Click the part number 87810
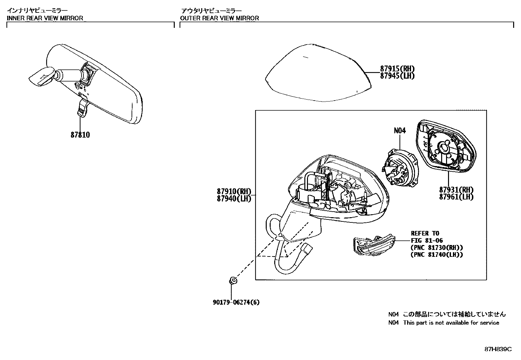[80, 135]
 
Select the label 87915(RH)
[397, 69]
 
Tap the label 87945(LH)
[397, 76]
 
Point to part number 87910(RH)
[233, 191]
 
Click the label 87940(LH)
[233, 199]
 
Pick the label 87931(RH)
[456, 190]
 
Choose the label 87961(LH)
[456, 197]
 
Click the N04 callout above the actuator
[400, 131]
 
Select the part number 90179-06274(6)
[236, 302]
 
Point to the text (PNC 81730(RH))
[437, 248]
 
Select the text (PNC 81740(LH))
[437, 255]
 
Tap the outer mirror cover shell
[317, 74]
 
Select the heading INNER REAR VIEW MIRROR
[45, 18]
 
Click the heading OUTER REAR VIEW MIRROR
[220, 18]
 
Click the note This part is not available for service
[451, 323]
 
